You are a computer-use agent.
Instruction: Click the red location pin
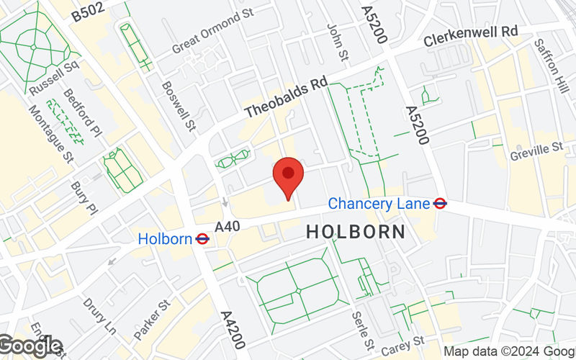click(288, 175)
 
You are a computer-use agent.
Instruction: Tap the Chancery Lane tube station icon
click(440, 204)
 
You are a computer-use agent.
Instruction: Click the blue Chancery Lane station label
click(378, 204)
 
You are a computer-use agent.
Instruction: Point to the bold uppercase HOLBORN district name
click(356, 232)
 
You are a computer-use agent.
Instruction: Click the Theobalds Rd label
click(286, 99)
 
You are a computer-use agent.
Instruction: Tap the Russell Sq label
click(54, 76)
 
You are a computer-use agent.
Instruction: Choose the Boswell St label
click(179, 105)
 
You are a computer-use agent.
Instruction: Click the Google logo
click(30, 346)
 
